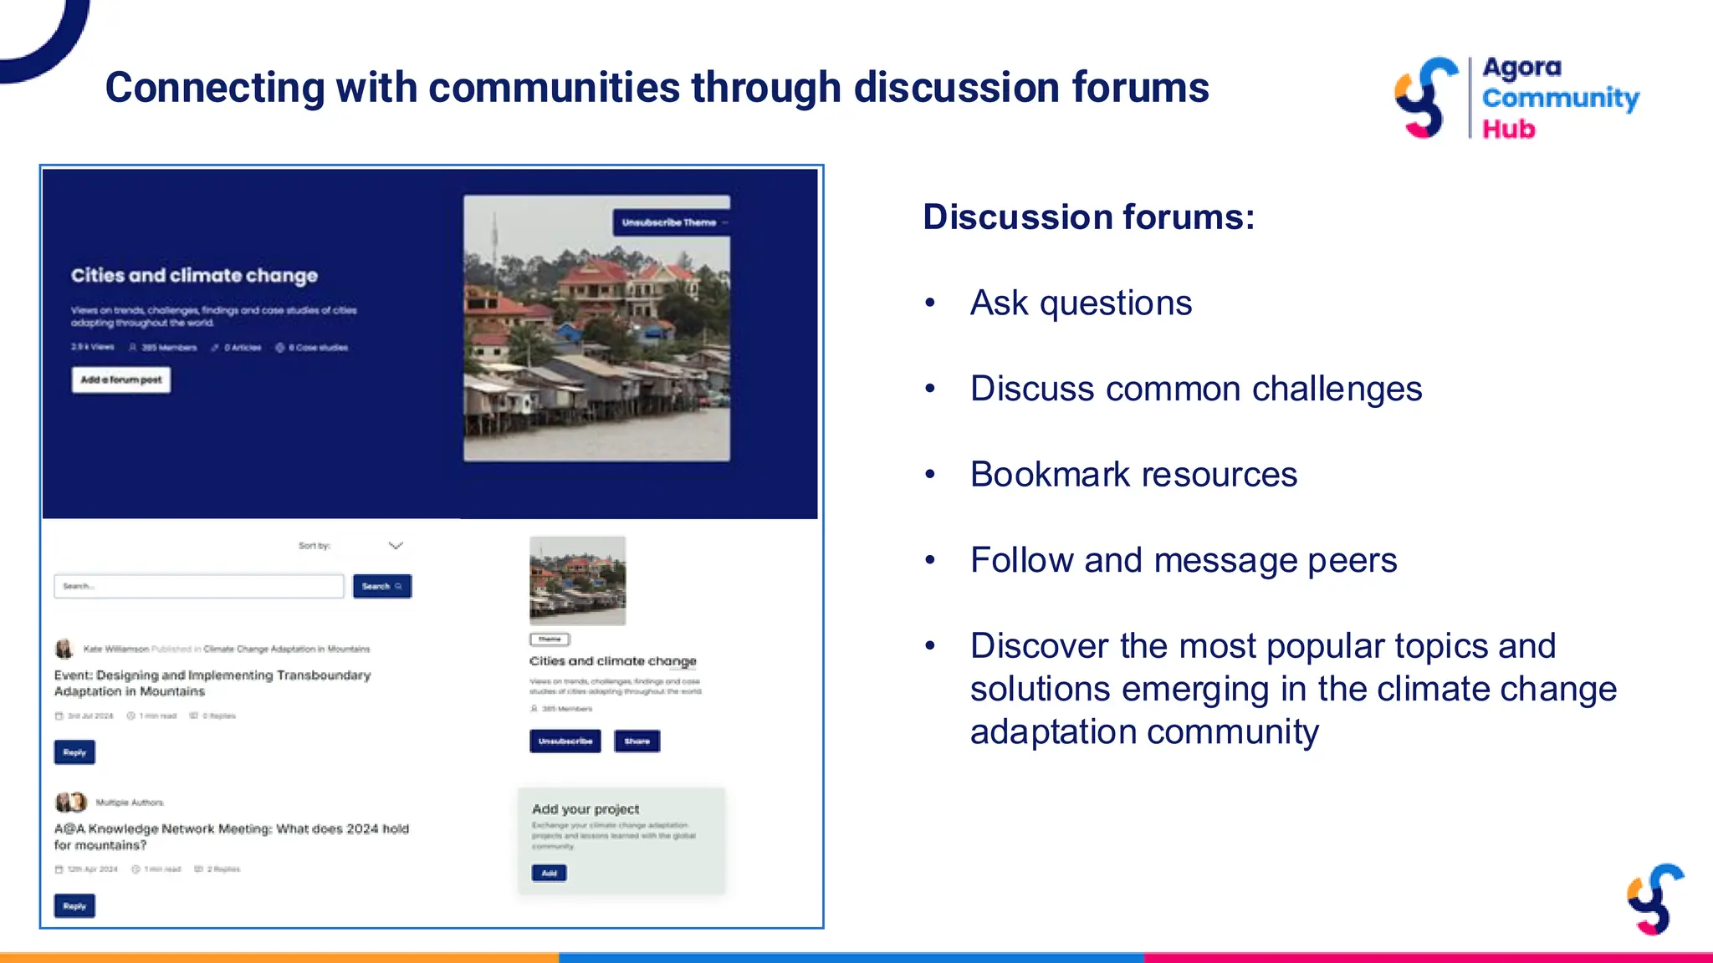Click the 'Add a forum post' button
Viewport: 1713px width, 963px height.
[120, 380]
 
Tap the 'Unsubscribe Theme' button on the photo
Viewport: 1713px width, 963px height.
[672, 222]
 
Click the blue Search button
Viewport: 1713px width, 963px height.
[381, 586]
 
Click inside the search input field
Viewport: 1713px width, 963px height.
[199, 586]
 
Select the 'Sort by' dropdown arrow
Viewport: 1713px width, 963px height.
[396, 546]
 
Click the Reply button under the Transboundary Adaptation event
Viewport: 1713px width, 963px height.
[74, 752]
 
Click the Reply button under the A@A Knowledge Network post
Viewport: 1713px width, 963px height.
[74, 906]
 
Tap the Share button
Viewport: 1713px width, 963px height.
[637, 741]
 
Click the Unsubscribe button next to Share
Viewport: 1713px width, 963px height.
[565, 741]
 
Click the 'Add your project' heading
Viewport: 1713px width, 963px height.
[585, 809]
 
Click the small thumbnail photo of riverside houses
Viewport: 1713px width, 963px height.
[577, 581]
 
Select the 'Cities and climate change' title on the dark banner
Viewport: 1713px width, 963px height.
[194, 275]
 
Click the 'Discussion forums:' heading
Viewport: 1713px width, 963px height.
[1088, 217]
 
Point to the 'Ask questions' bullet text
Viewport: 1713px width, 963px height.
[1081, 303]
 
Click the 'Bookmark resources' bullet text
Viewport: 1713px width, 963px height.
[1133, 474]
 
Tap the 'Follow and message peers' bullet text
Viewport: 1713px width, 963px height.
[1183, 560]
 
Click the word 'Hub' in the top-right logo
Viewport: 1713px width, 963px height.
[1509, 129]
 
